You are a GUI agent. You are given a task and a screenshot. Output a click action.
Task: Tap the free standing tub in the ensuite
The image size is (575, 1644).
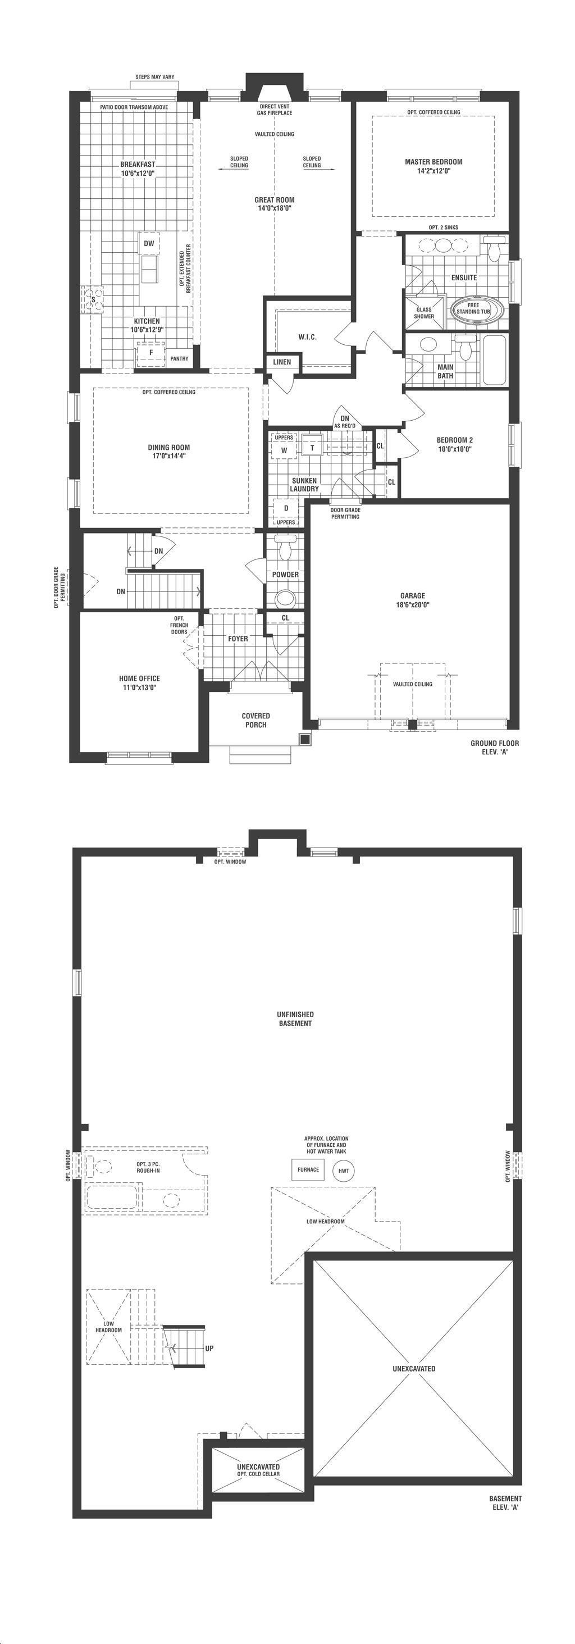(477, 309)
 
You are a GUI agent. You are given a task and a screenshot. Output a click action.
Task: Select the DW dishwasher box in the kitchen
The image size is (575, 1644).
(149, 243)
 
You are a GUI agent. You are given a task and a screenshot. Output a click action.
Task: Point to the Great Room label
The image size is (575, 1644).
(275, 200)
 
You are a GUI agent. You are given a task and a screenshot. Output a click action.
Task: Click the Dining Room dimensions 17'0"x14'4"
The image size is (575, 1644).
(169, 456)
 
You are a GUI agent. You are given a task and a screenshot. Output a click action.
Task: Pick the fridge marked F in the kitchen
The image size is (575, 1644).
(150, 353)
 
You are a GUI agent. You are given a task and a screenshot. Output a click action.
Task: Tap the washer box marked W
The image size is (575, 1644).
(284, 450)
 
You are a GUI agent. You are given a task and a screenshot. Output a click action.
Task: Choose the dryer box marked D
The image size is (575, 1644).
(286, 508)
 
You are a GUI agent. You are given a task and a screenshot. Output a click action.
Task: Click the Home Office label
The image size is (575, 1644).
(139, 678)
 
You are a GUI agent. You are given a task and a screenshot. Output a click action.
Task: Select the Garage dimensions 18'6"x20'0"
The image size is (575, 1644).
(413, 604)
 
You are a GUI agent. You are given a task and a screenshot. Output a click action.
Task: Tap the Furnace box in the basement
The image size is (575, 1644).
(308, 1170)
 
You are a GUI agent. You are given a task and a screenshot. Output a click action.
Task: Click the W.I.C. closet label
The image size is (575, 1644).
(308, 337)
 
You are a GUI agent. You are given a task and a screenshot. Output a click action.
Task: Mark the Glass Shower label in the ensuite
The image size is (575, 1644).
(424, 313)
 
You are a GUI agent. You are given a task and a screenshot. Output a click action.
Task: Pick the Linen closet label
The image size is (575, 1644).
(282, 362)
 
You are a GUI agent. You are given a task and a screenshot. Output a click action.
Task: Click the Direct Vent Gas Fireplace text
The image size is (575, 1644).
(275, 110)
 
